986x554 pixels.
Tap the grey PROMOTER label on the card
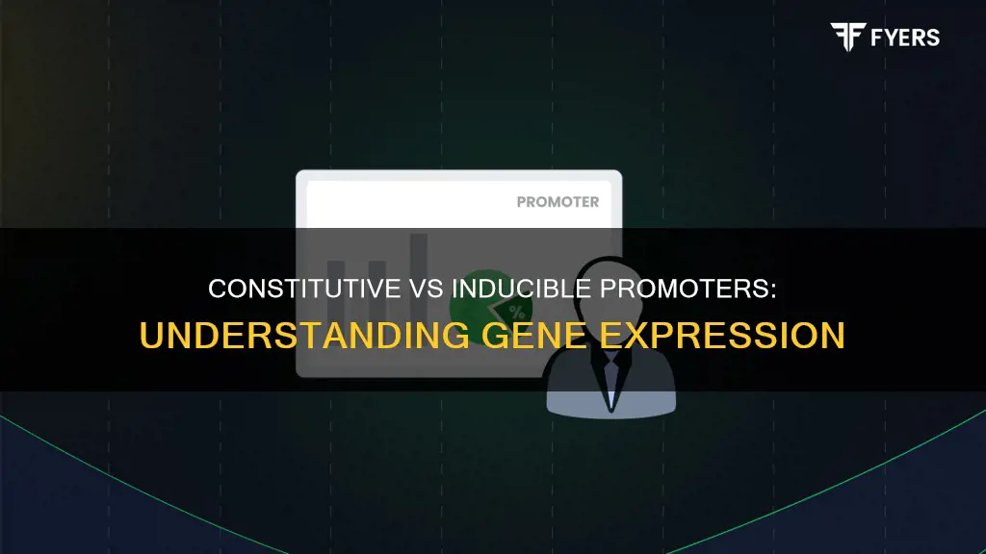[x=558, y=202]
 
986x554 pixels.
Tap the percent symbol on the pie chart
[x=516, y=311]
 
